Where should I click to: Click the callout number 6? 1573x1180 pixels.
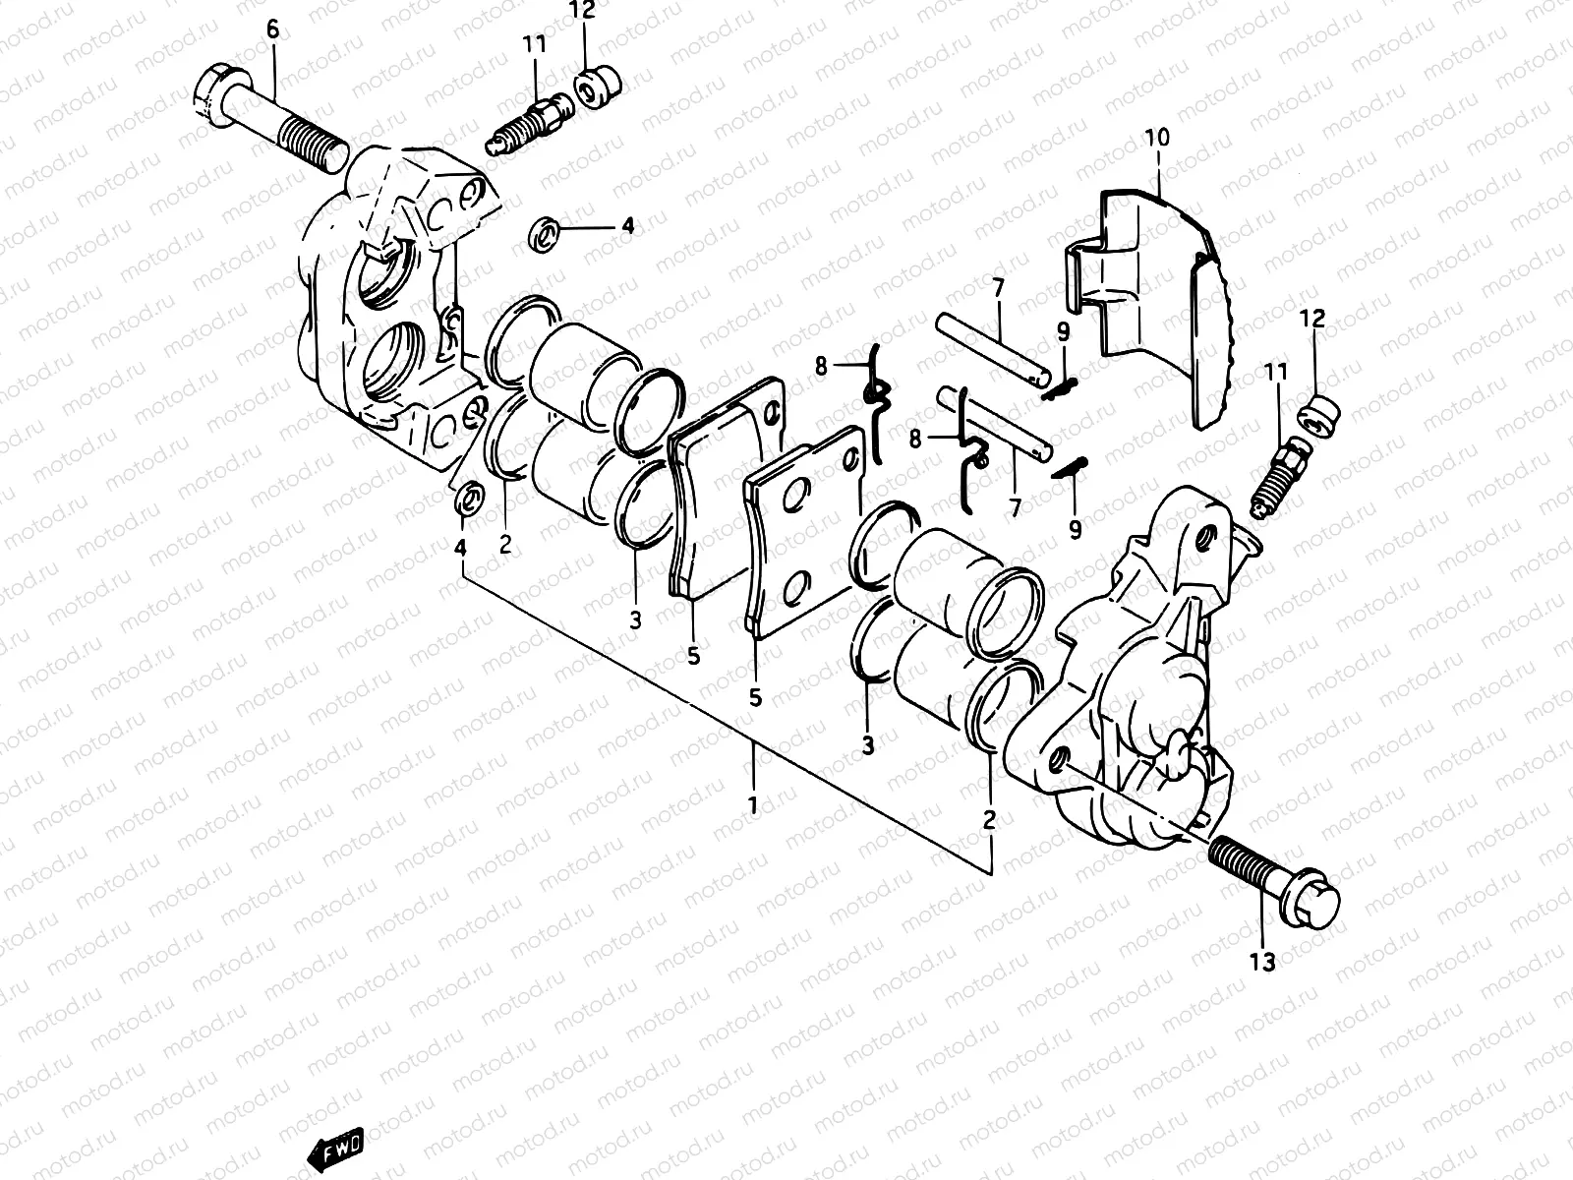(x=272, y=29)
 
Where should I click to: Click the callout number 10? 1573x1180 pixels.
(x=1157, y=137)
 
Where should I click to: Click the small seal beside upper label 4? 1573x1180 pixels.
(x=545, y=234)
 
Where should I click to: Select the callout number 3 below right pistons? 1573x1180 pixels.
(x=867, y=745)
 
